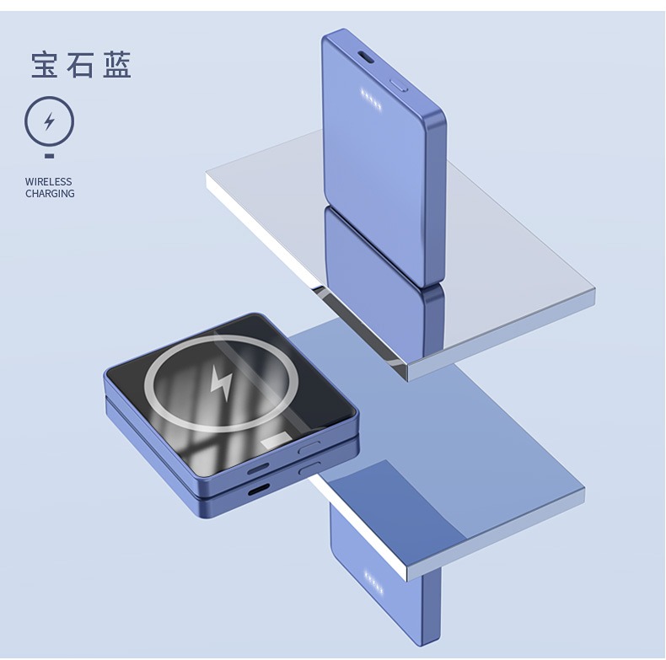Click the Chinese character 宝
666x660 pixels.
tap(45, 65)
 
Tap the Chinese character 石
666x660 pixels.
tap(80, 65)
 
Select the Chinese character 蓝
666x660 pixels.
tap(117, 65)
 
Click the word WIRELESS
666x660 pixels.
tap(48, 182)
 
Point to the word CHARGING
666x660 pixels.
tap(50, 194)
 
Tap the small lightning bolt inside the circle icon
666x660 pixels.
tap(50, 121)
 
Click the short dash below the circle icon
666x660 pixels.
tap(49, 156)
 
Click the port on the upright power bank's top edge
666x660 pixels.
tap(366, 57)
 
